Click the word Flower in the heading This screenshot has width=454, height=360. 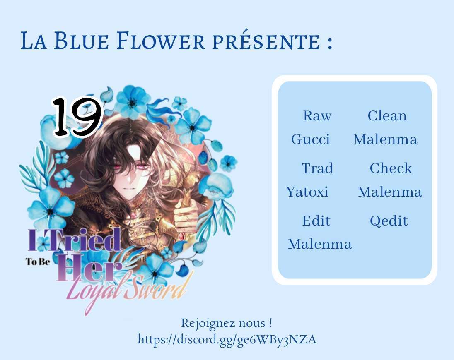[161, 41]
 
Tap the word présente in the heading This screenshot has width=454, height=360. [266, 41]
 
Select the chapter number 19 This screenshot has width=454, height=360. [77, 117]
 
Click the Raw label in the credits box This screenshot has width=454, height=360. [317, 116]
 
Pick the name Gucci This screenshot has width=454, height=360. [310, 139]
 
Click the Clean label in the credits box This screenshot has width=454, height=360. [387, 116]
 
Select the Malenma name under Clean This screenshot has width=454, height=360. [385, 139]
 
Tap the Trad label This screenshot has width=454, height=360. [317, 168]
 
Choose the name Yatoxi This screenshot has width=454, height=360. [307, 192]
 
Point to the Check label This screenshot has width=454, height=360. [391, 168]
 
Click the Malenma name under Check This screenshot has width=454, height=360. [390, 192]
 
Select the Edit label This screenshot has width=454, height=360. [316, 221]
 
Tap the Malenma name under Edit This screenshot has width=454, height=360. [320, 244]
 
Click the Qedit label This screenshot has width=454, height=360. [389, 221]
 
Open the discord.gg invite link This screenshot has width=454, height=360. [227, 339]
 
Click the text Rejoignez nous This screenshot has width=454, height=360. [223, 323]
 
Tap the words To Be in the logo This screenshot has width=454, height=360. [38, 262]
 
